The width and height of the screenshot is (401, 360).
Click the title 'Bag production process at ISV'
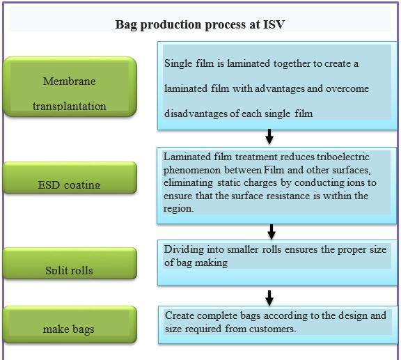click(x=200, y=25)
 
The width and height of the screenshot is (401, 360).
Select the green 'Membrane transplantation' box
click(x=70, y=87)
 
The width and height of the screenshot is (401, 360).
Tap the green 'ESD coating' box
click(x=70, y=178)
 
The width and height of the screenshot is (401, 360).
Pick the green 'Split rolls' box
click(x=70, y=263)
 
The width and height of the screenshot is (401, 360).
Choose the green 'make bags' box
click(x=70, y=324)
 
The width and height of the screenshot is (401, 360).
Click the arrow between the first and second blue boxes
click(x=269, y=136)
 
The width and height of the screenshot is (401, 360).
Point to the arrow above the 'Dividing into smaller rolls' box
click(x=272, y=232)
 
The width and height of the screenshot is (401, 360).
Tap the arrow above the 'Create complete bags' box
click(x=269, y=298)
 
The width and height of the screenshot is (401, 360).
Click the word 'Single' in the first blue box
click(x=178, y=63)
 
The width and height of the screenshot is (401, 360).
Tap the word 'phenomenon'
click(x=192, y=171)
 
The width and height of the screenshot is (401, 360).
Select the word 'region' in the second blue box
click(x=178, y=209)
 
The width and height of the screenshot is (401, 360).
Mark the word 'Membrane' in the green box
click(x=70, y=81)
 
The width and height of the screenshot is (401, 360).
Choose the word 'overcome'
click(x=347, y=89)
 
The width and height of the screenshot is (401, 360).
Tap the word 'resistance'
click(x=288, y=196)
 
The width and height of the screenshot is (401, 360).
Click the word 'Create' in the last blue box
click(x=180, y=315)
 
